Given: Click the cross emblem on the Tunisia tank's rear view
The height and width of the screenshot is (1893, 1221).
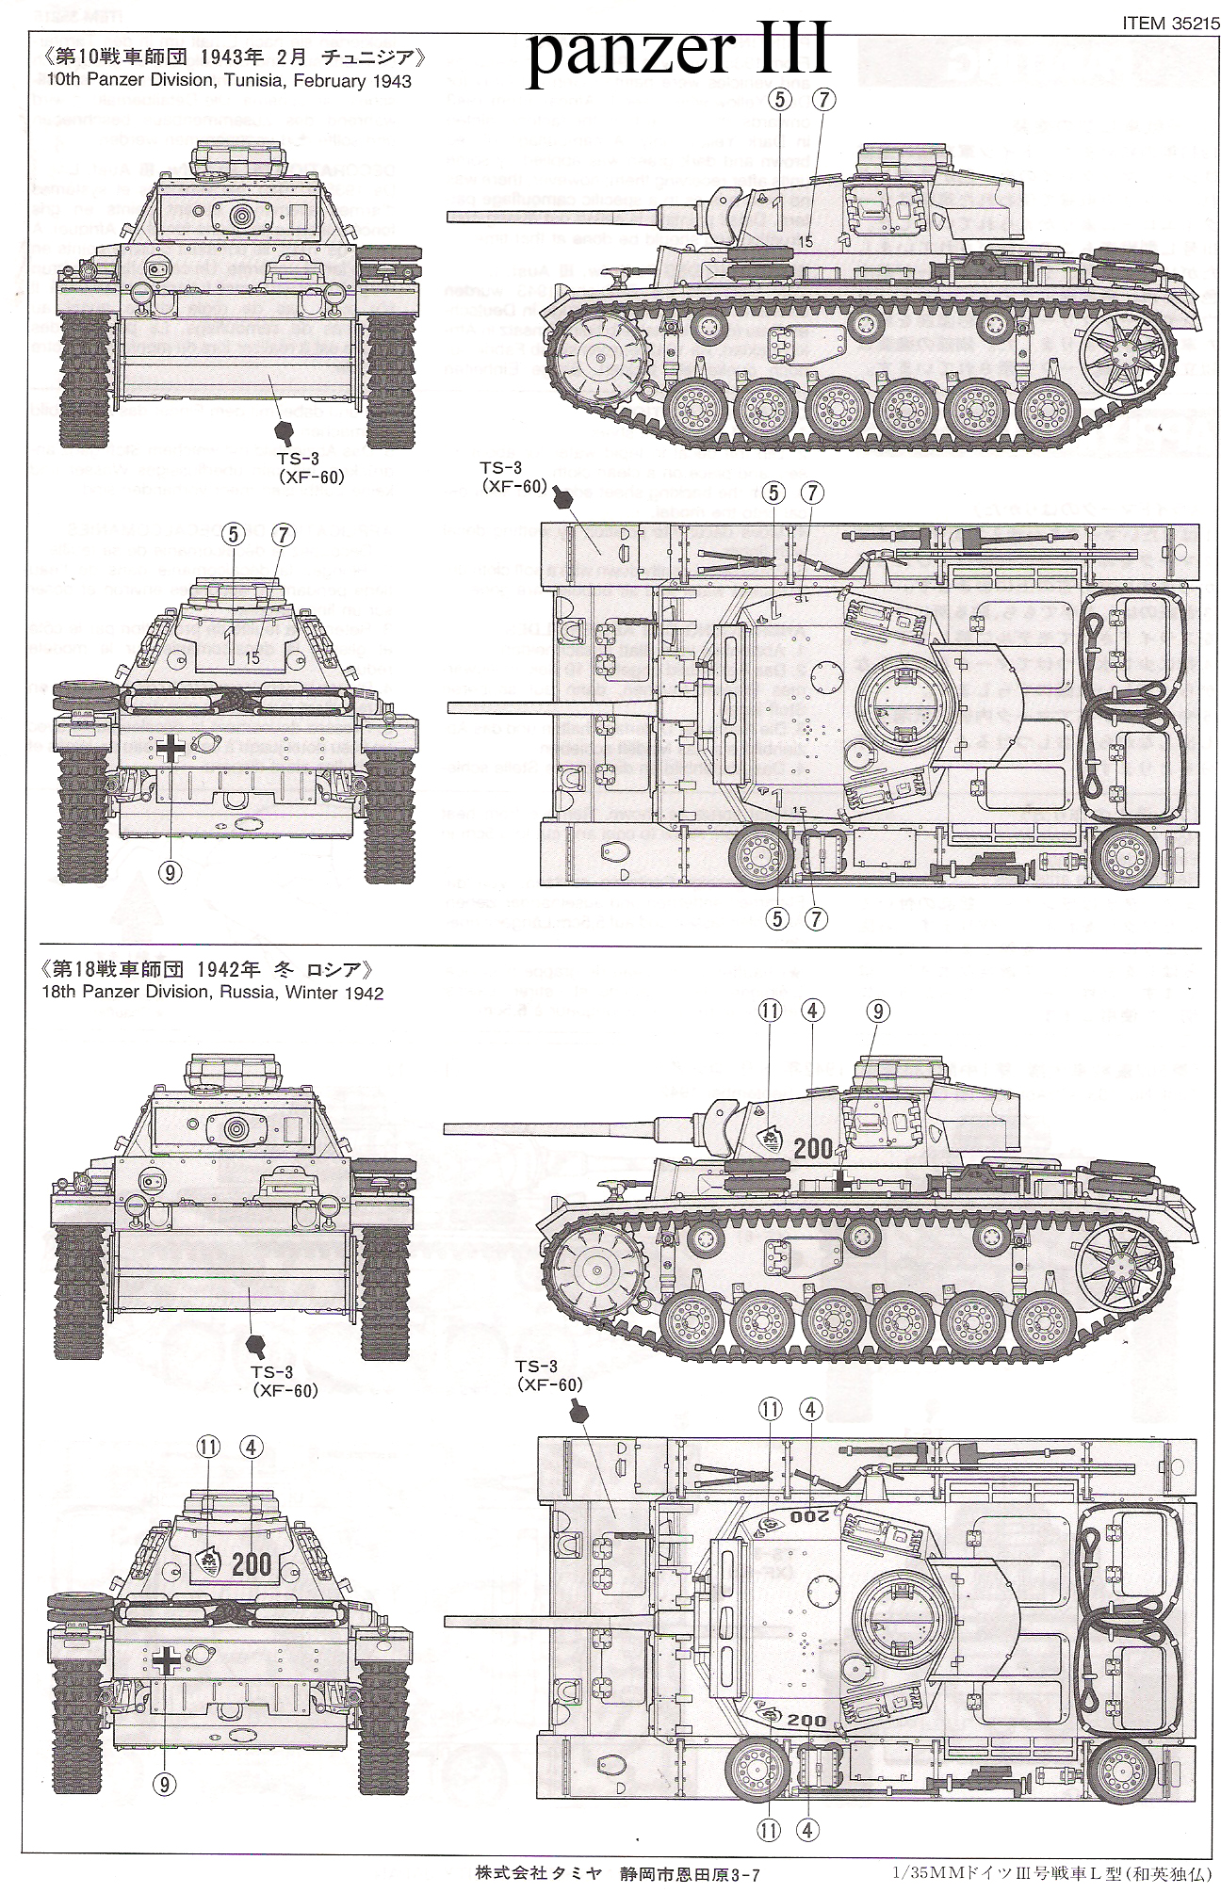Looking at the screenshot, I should pos(171,748).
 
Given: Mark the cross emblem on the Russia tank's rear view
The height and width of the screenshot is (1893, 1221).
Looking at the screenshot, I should pos(167,1661).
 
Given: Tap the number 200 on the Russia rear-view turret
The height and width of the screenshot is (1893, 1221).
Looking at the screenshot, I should pos(251,1564).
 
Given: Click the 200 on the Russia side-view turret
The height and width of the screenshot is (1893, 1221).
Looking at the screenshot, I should pos(812,1148).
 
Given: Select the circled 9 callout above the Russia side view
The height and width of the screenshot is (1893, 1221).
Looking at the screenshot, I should pos(876,1011).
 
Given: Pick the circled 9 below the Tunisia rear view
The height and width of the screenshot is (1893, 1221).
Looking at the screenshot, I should pos(170,872).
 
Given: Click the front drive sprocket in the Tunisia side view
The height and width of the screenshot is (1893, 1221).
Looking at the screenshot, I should pos(596,357).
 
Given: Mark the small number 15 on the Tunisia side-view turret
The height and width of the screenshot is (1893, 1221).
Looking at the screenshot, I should pos(806,242).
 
